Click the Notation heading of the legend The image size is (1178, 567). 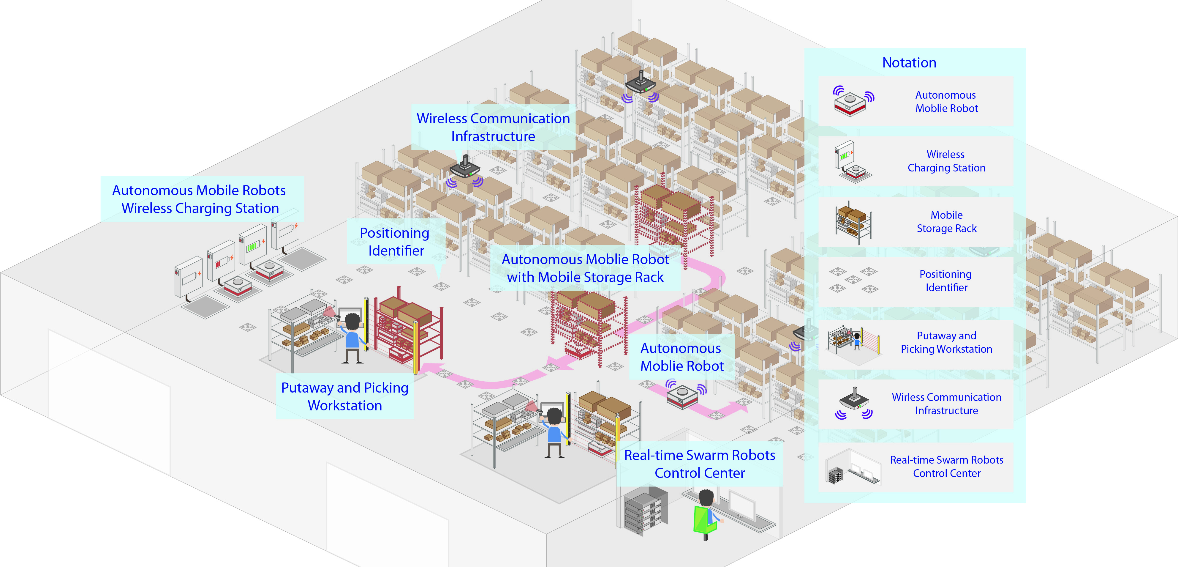click(x=909, y=63)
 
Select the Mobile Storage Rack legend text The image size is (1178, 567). click(x=946, y=222)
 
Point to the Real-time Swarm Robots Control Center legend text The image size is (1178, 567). click(x=946, y=466)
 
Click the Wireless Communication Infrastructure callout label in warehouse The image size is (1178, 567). click(x=493, y=127)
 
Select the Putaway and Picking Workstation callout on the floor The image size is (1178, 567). click(x=345, y=396)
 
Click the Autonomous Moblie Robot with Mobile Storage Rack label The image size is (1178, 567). click(x=585, y=268)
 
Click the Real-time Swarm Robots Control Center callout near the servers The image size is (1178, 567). click(x=699, y=464)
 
